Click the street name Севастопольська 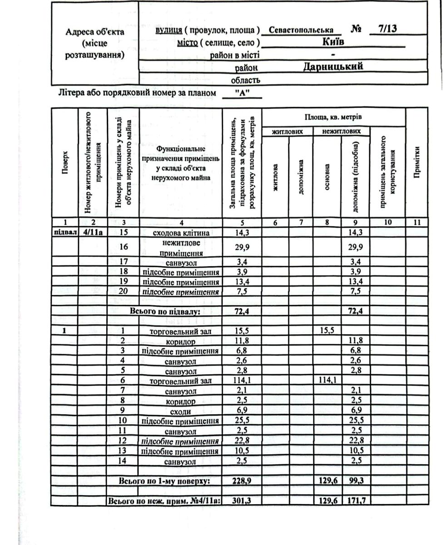(x=301, y=31)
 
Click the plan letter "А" (x=242, y=93)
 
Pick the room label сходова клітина (x=181, y=233)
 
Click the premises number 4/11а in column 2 (x=93, y=233)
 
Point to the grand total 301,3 (x=242, y=501)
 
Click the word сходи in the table (x=181, y=411)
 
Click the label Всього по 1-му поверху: (x=165, y=481)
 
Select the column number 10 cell (x=387, y=223)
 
